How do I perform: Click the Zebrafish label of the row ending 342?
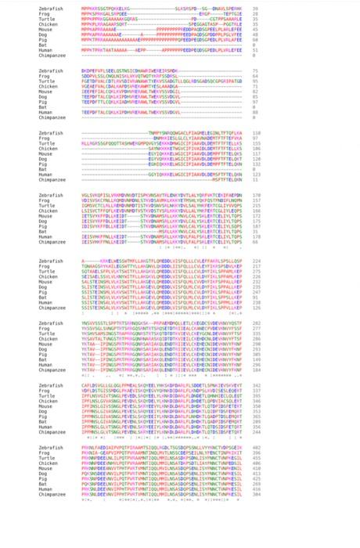click(51, 385)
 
